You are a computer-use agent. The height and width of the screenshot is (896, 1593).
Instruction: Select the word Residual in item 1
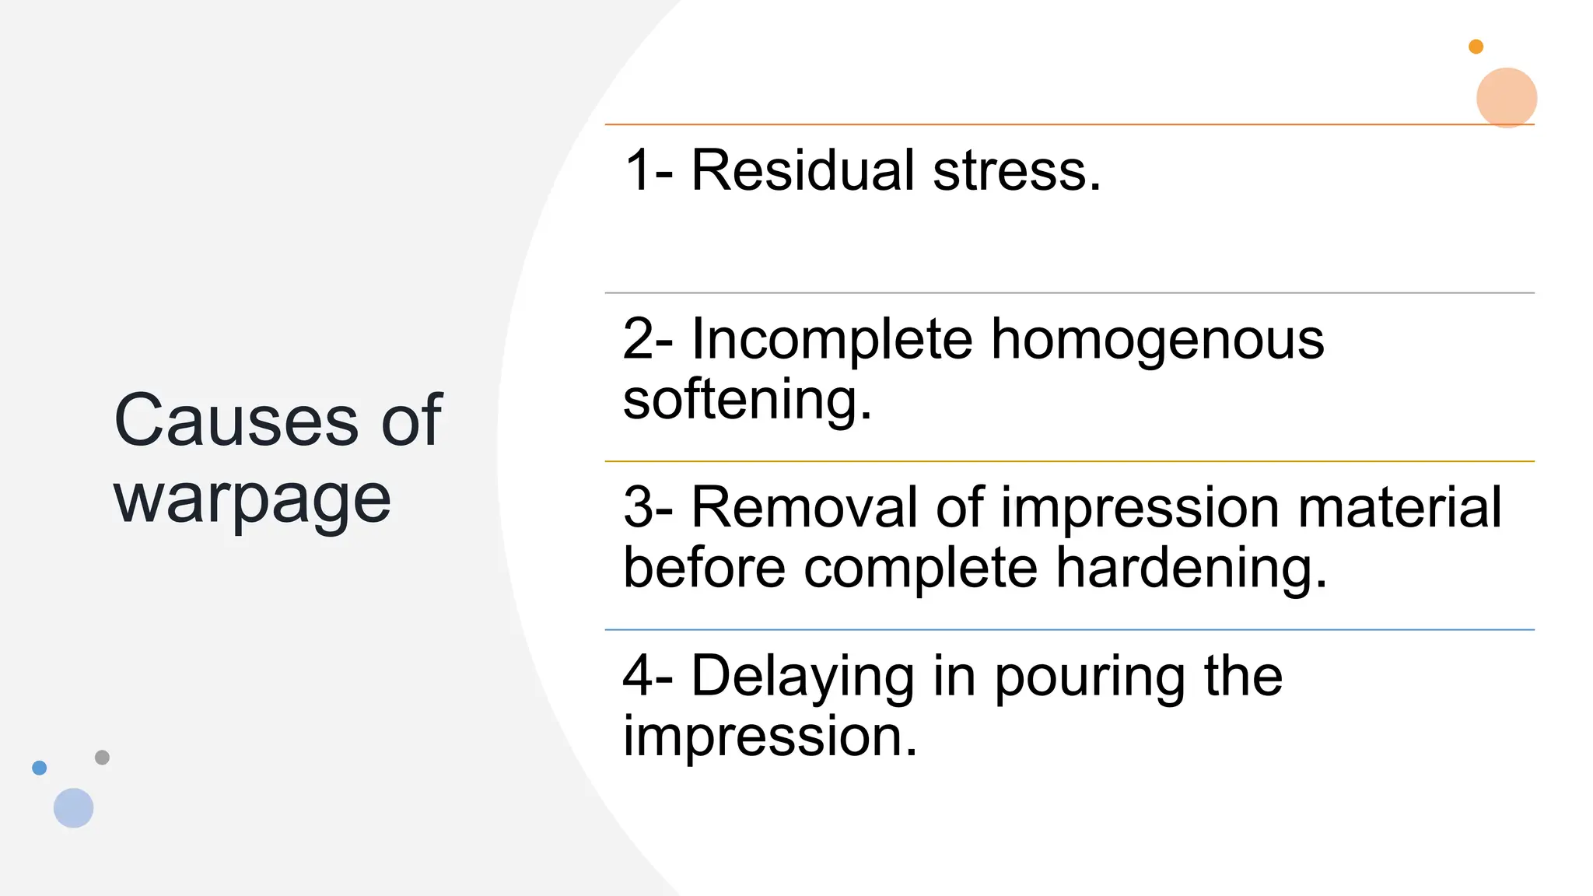pos(803,170)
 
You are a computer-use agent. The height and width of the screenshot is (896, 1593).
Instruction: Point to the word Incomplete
pos(832,340)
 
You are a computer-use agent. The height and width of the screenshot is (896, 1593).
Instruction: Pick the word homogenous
pos(1157,340)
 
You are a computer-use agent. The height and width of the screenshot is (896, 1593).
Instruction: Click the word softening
pos(747,400)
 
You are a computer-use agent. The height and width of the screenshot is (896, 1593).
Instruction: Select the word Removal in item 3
pos(804,508)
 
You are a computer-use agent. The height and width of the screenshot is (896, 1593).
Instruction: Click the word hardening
pos(1191,568)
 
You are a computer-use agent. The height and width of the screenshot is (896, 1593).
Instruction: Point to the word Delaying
pos(803,676)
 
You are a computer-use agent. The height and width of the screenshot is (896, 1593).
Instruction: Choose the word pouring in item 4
pos(1090,677)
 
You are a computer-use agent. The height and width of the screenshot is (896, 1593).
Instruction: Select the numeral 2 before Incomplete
pos(639,340)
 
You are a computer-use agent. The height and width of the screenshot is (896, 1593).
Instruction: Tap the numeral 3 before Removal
pos(639,508)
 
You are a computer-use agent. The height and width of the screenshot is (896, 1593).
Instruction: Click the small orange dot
pos(1476,47)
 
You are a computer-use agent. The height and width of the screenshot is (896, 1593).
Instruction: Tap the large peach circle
pos(1507,97)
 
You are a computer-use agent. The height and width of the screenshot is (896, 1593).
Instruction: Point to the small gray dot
pos(102,757)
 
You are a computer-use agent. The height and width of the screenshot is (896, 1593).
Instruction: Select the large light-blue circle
pos(74,807)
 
